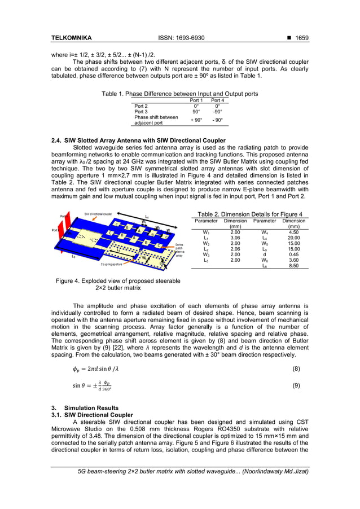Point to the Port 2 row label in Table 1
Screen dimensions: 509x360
click(141, 106)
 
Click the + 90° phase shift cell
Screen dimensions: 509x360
click(196, 120)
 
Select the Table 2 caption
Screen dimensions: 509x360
click(249, 214)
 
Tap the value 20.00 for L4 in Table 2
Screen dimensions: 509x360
click(293, 238)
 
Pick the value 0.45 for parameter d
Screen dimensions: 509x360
click(293, 254)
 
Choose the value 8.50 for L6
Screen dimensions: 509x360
click(293, 265)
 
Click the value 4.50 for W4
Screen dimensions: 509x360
click(293, 232)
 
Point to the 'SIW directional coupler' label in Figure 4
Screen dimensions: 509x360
click(98, 214)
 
